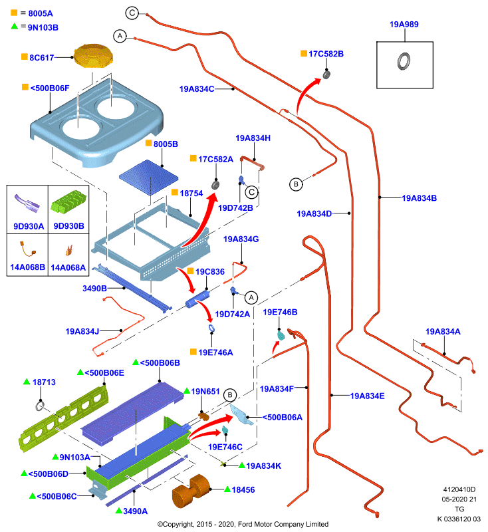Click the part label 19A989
pyautogui.click(x=404, y=25)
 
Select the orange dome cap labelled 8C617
pyautogui.click(x=94, y=56)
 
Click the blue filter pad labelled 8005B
pyautogui.click(x=148, y=178)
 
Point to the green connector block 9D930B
pyautogui.click(x=69, y=202)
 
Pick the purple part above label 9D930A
pyautogui.click(x=27, y=203)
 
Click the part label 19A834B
pyautogui.click(x=419, y=198)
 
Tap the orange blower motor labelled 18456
pyautogui.click(x=191, y=491)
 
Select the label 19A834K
pyautogui.click(x=263, y=466)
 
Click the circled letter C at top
pyautogui.click(x=132, y=13)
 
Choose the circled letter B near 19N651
pyautogui.click(x=230, y=395)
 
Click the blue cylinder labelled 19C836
pyautogui.click(x=197, y=299)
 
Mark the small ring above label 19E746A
pyautogui.click(x=211, y=328)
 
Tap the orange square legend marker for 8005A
pyautogui.click(x=14, y=13)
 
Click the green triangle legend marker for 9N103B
pyautogui.click(x=14, y=26)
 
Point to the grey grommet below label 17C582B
pyautogui.click(x=326, y=74)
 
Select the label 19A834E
pyautogui.click(x=367, y=396)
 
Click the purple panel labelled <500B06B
pyautogui.click(x=132, y=412)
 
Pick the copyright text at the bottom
pyautogui.click(x=243, y=524)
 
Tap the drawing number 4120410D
pyautogui.click(x=459, y=489)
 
